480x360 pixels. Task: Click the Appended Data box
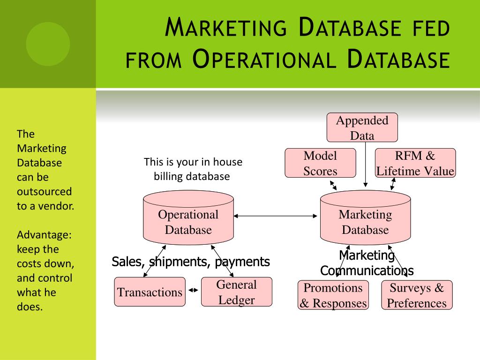click(362, 127)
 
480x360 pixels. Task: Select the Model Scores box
click(320, 163)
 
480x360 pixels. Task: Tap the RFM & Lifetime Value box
click(415, 163)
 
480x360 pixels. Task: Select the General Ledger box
click(236, 292)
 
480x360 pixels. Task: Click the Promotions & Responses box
click(333, 295)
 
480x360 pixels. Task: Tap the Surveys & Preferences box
click(417, 295)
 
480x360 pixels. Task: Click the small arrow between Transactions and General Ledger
click(193, 291)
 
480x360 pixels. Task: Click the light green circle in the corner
click(48, 44)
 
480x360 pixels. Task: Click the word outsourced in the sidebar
click(44, 192)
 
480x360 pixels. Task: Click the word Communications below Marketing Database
click(367, 271)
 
